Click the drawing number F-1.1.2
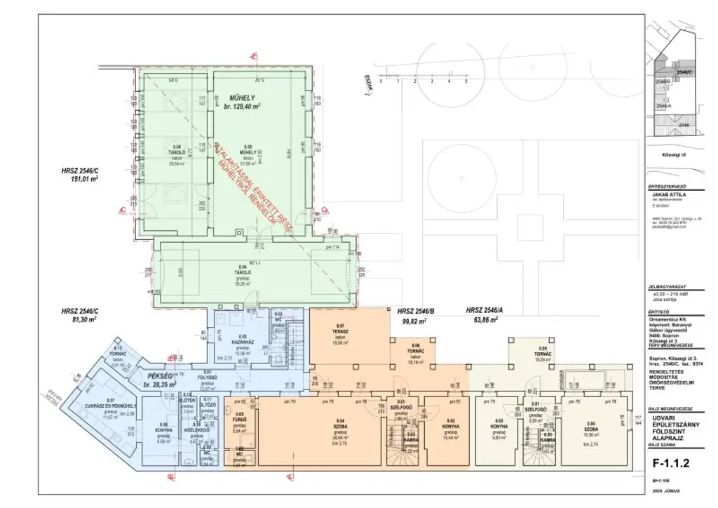point(672,463)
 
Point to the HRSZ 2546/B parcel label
point(417,310)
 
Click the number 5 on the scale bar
point(466,82)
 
